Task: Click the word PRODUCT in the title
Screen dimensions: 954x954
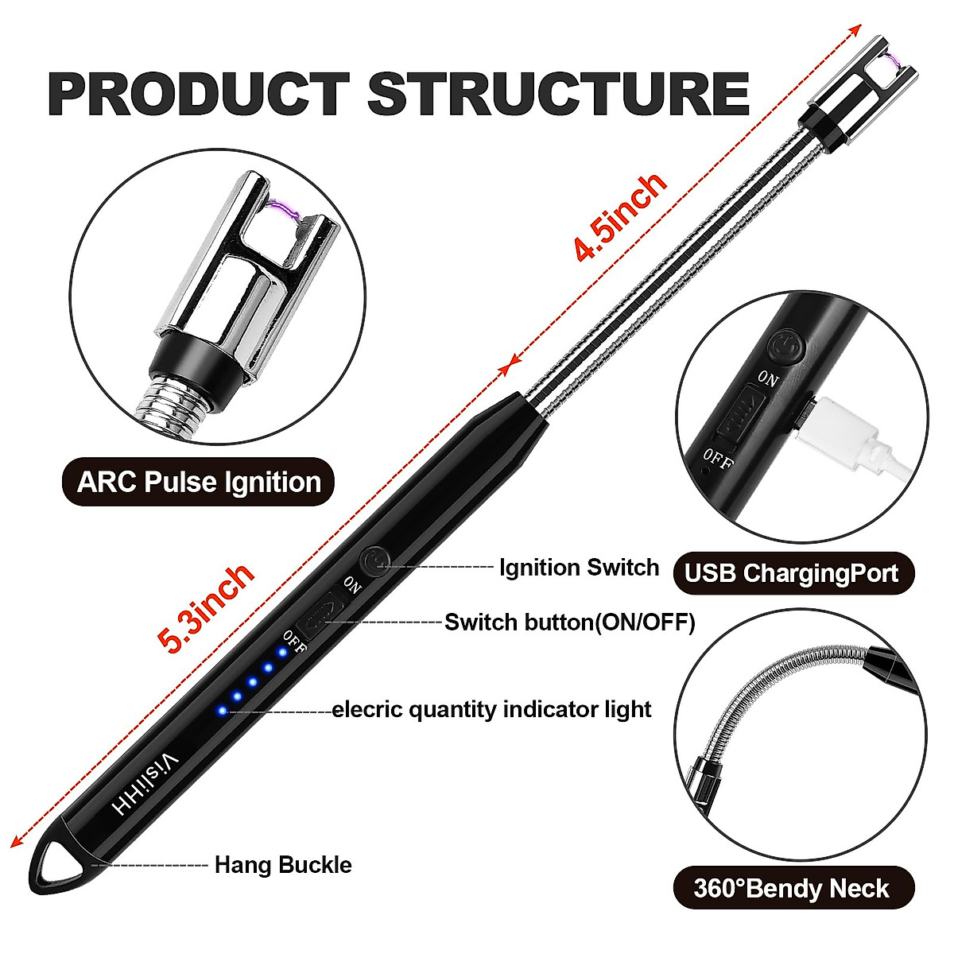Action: point(199,94)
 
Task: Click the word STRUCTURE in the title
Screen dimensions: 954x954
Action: point(558,94)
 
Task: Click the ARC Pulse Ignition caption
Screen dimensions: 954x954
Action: point(199,482)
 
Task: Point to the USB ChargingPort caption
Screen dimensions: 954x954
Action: point(792,572)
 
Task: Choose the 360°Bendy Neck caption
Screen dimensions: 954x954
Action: point(792,888)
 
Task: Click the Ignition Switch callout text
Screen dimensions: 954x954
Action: point(579,568)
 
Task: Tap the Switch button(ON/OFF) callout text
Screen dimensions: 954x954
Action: point(569,622)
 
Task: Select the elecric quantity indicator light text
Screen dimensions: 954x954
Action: point(491,708)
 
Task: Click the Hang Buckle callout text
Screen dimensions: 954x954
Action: point(283,864)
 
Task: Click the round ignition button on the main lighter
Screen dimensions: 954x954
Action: point(374,561)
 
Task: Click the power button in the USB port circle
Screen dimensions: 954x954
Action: point(787,347)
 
